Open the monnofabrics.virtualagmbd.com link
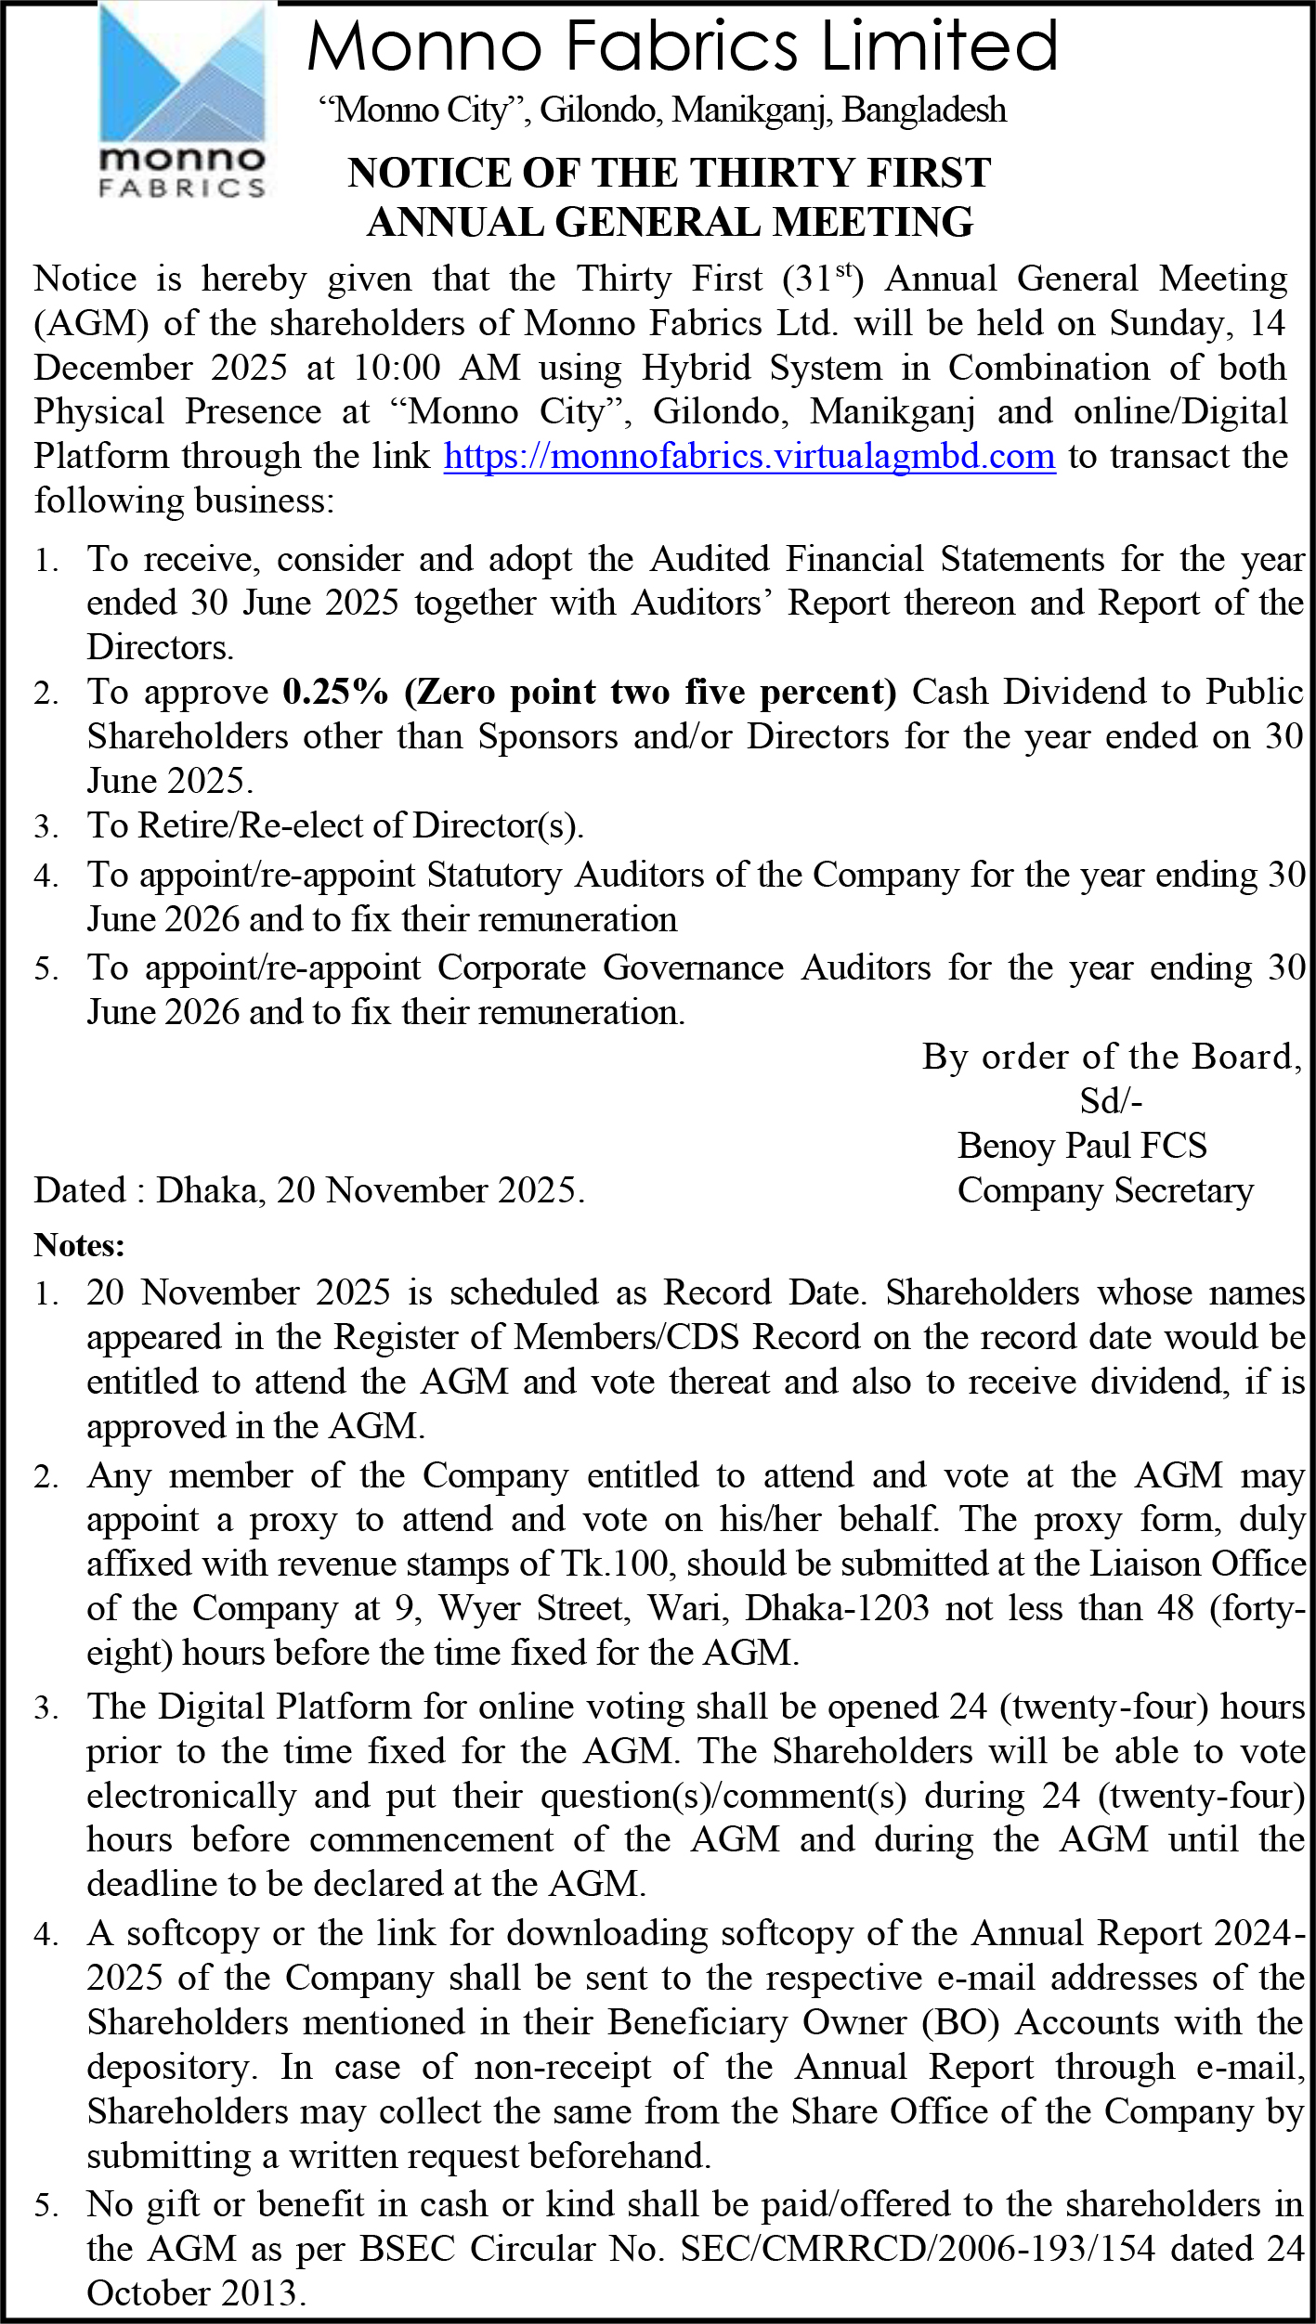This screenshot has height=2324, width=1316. (x=749, y=457)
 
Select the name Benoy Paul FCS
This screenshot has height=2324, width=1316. (x=1082, y=1146)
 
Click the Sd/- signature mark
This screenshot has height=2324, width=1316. (x=1111, y=1101)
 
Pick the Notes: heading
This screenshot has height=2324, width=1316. (x=80, y=1245)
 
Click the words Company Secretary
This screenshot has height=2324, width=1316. (x=1105, y=1190)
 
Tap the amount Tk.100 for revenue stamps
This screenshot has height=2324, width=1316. (x=614, y=1564)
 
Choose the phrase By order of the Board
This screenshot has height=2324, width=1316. (x=1111, y=1057)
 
